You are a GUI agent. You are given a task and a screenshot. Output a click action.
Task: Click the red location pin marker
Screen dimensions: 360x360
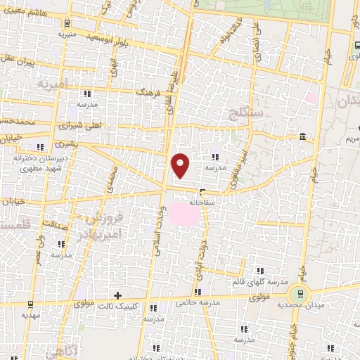pyautogui.click(x=181, y=165)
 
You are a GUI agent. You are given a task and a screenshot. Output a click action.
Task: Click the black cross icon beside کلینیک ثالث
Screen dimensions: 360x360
pyautogui.click(x=117, y=295)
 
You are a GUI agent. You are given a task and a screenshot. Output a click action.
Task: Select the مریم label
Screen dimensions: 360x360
pyautogui.click(x=351, y=140)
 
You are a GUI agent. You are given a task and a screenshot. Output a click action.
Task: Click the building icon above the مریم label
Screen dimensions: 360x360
pyautogui.click(x=302, y=136)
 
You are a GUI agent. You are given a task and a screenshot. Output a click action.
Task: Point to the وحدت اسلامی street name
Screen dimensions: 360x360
pyautogui.click(x=156, y=233)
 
